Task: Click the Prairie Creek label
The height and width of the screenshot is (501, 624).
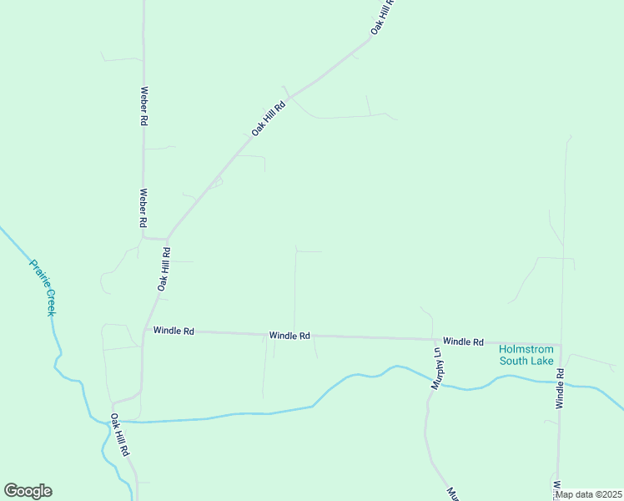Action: [x=43, y=287]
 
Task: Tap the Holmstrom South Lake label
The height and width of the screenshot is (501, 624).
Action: [x=527, y=355]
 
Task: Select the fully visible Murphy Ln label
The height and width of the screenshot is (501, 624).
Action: [x=435, y=369]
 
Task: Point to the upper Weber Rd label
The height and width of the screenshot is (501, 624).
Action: [x=143, y=106]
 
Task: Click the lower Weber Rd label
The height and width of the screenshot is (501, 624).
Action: [x=143, y=208]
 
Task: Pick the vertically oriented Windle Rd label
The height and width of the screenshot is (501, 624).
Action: [x=561, y=388]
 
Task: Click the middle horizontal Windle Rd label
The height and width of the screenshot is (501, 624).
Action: [x=289, y=335]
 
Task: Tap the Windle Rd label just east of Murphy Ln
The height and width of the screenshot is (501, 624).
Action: [x=463, y=342]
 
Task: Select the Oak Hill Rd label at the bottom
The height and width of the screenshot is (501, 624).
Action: [x=120, y=434]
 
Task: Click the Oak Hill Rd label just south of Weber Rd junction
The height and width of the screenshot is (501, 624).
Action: [x=164, y=268]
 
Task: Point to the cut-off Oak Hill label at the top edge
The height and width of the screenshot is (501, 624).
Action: [x=382, y=17]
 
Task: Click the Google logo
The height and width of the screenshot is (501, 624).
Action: [x=28, y=491]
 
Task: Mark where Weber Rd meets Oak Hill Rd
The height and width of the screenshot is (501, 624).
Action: [x=168, y=238]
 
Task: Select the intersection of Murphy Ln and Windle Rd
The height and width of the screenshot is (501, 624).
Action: [x=434, y=340]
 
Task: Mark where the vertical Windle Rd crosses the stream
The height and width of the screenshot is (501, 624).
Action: [x=560, y=382]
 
